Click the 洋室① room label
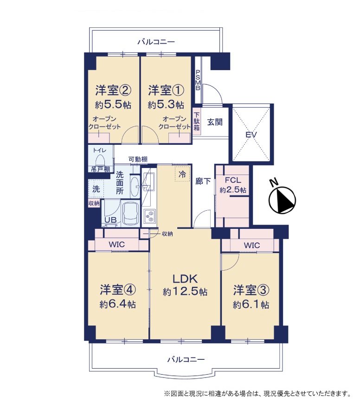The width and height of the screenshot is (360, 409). coord(166,90)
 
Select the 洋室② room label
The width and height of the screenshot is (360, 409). coord(113,90)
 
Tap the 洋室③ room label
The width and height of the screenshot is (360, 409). coord(251,290)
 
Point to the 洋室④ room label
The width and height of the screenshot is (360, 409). coord(118,290)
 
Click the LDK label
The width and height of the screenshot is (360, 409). coord(186,279)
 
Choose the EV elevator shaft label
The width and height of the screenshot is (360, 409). coord(251,135)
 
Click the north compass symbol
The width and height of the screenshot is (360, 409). coord(282,198)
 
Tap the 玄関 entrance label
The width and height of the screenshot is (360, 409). coord(215,122)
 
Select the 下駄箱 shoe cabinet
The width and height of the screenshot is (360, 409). coord(197,121)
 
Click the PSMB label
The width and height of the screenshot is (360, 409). coord(198,80)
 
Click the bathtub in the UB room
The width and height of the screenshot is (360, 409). coord(131,214)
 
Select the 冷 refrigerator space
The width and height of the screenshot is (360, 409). coord(182,174)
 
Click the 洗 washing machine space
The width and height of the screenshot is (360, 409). coord(96,188)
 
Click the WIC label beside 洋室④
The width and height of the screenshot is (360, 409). coord(116,244)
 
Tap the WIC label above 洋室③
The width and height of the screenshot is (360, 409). coord(252,245)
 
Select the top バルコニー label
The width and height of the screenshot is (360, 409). coord(156,42)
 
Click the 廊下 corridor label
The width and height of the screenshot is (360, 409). coord(203,181)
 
